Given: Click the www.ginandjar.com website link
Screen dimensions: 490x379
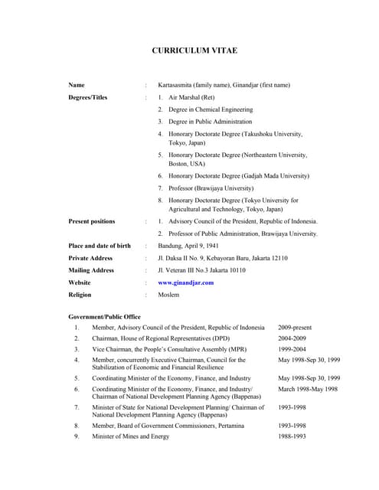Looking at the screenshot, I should point(185,283).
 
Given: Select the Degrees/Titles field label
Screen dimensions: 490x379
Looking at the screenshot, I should point(88,97).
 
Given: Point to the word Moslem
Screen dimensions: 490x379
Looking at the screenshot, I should point(168,295).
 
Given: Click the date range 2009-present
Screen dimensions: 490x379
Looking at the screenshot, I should point(295,328).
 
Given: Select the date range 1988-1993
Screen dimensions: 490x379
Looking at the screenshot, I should point(292,436).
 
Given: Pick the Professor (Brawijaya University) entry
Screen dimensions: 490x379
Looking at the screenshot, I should point(211,188).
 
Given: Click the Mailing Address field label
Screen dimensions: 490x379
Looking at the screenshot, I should point(91,270).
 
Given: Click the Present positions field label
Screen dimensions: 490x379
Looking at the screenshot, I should point(92,221).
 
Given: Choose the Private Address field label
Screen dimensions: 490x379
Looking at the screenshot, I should point(90,258).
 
